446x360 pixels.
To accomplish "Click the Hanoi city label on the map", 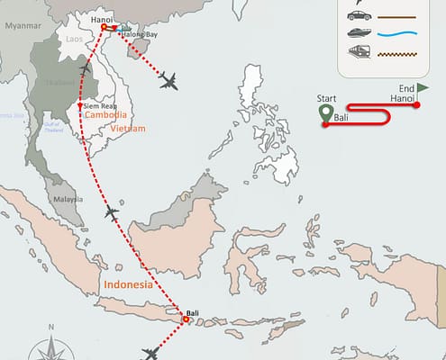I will click(x=103, y=18).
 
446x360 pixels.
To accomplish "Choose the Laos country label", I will click(x=75, y=40).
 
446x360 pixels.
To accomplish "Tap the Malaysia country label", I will click(x=68, y=199).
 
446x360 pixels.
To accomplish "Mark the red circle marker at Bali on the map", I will click(x=186, y=319).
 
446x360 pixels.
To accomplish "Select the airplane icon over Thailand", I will click(x=84, y=70).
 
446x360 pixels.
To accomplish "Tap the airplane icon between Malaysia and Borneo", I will click(x=111, y=212).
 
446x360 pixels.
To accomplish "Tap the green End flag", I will click(x=423, y=87).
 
